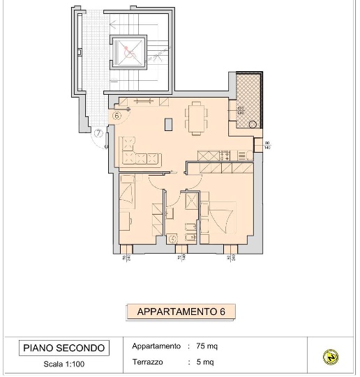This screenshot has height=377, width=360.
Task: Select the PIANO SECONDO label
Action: pyautogui.click(x=63, y=347)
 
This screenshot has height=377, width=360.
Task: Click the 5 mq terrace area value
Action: pyautogui.click(x=203, y=362)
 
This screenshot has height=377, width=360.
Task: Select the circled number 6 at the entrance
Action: pyautogui.click(x=117, y=116)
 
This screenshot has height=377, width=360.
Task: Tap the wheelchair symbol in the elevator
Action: pyautogui.click(x=128, y=51)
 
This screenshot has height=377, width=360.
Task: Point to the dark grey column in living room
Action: pyautogui.click(x=167, y=125)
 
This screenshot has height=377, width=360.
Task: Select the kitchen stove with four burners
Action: pyautogui.click(x=223, y=155)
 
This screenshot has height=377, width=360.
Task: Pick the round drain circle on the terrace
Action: pyautogui.click(x=252, y=125)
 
